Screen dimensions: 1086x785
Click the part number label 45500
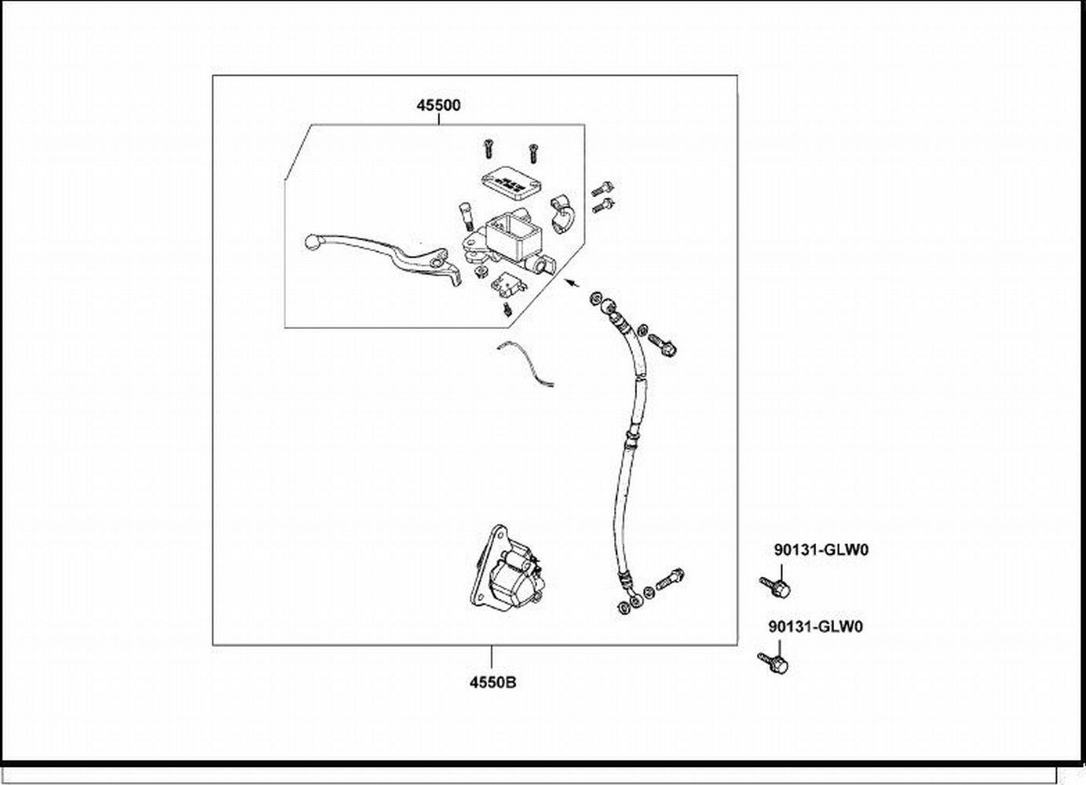point(438,105)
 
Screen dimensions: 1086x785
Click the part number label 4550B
point(492,681)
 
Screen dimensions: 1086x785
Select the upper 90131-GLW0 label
point(821,550)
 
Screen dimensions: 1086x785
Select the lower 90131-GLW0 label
point(815,627)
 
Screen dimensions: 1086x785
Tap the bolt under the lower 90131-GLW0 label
point(773,663)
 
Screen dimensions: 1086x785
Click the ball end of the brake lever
point(310,242)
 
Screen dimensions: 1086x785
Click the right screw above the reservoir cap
point(532,148)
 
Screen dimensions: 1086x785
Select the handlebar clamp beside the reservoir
point(563,213)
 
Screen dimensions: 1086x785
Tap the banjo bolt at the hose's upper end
point(663,346)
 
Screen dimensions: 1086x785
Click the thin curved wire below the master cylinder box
point(525,363)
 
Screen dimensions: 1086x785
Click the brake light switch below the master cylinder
point(503,281)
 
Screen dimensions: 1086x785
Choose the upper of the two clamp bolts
point(603,188)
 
